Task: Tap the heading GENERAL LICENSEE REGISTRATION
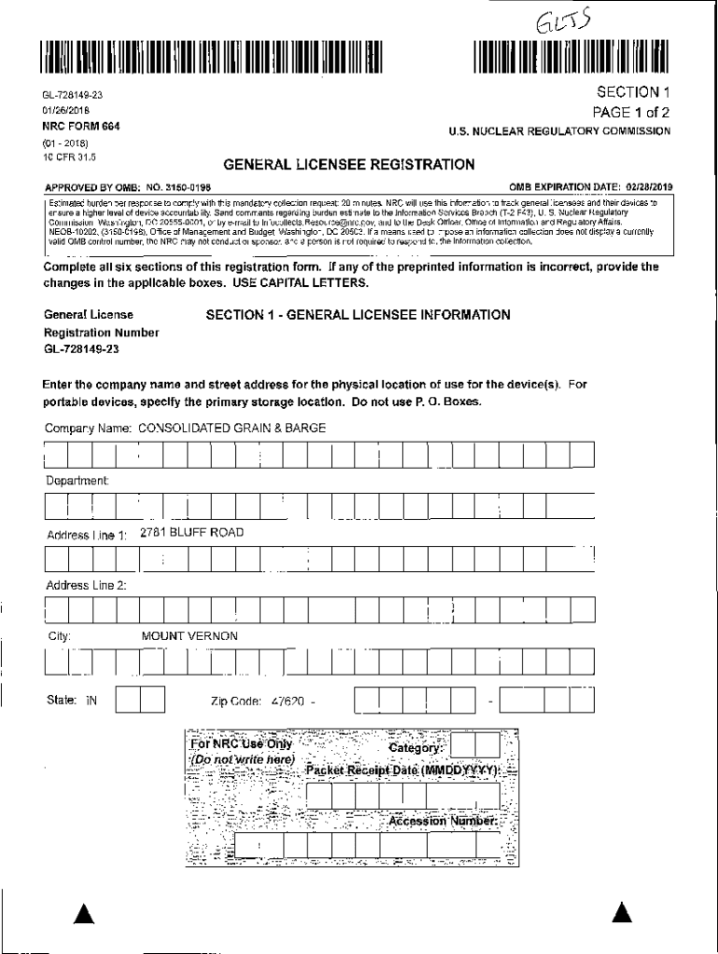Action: pos(349,165)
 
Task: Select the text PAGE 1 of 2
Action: pos(627,112)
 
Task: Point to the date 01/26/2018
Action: pos(63,110)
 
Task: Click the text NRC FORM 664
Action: pos(76,126)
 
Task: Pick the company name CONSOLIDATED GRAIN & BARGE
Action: pos(232,429)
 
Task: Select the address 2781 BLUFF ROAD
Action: pos(192,533)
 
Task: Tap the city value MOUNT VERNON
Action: pos(189,636)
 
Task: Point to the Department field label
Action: pos(77,481)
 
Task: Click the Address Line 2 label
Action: pos(87,585)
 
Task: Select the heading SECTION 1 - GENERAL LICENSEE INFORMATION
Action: pos(358,315)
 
